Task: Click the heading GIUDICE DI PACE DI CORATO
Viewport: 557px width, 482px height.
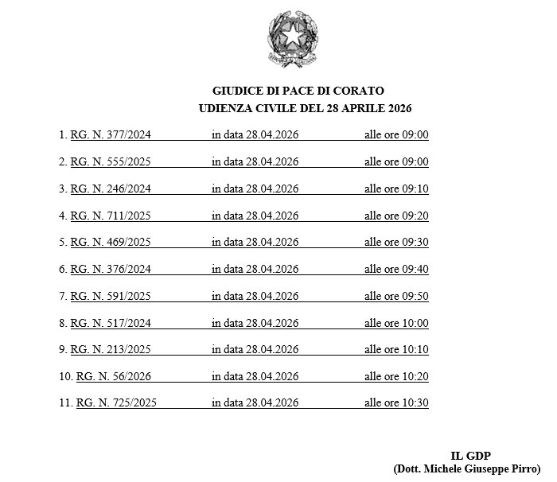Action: pos(298,91)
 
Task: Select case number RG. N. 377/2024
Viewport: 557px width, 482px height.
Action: pos(111,135)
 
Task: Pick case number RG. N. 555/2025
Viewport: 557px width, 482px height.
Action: pos(111,162)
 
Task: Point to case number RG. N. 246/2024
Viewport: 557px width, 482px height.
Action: pos(111,189)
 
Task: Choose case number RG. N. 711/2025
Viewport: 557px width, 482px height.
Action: pos(111,216)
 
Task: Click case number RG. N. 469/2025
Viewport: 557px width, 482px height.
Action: pos(111,243)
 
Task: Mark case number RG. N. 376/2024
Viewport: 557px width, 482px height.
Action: pos(111,270)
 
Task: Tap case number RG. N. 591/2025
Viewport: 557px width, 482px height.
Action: pos(111,297)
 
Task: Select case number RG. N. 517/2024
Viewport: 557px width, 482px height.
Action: pos(111,324)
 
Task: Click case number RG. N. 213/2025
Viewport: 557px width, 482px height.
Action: pos(111,350)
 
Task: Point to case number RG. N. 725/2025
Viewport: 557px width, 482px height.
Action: pos(116,403)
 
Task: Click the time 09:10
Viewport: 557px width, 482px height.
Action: pos(415,189)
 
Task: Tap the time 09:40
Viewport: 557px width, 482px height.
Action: pos(415,270)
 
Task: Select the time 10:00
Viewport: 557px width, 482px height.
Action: pos(415,324)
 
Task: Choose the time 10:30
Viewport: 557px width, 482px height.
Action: pos(415,403)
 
